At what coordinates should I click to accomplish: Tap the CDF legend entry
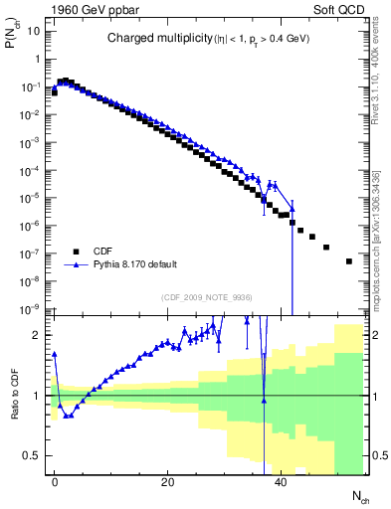103,252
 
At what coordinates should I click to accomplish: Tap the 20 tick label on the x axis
167,481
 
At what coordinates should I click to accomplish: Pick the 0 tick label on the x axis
55,481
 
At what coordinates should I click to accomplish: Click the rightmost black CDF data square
348,261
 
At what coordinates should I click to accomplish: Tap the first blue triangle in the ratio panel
55,353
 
